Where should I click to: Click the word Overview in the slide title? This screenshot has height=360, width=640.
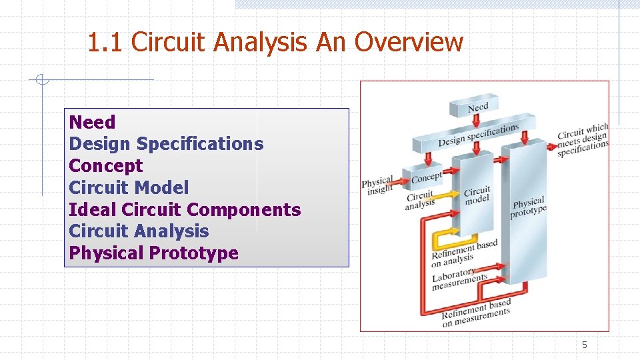(408, 42)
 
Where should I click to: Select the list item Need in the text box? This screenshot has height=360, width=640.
(92, 122)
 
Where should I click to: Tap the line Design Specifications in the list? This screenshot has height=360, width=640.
(166, 144)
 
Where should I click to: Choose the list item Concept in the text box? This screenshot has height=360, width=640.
(106, 166)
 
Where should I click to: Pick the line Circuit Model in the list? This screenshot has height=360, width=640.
(129, 188)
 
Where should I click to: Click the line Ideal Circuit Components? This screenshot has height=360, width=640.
(185, 209)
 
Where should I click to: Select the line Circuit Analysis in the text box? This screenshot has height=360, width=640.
(139, 231)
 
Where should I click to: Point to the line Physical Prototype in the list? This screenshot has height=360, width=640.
(153, 253)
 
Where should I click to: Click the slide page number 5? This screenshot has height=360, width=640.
(585, 345)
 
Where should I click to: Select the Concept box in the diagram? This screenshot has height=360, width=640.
(426, 177)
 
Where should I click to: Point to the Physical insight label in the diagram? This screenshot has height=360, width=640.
(377, 186)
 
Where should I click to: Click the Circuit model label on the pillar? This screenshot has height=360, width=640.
(477, 195)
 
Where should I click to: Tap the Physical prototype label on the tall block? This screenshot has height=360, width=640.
(528, 207)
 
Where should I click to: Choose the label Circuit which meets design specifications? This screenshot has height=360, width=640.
(583, 140)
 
